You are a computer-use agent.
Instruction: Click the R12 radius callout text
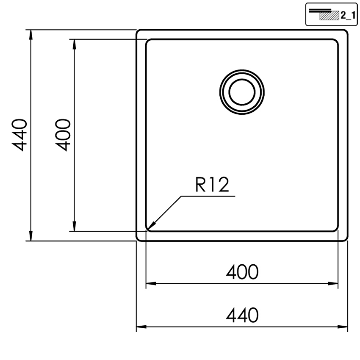tap(212, 185)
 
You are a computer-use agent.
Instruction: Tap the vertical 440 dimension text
tap(19, 135)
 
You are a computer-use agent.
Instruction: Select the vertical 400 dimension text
tap(62, 135)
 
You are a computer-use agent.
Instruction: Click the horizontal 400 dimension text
tap(242, 272)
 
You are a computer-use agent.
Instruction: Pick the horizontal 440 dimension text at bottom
tap(242, 315)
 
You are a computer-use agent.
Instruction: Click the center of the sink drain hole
tap(242, 92)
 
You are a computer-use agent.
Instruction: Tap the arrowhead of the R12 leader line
tap(152, 226)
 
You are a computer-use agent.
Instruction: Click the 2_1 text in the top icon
tap(348, 15)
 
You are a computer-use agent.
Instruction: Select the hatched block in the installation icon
tap(329, 15)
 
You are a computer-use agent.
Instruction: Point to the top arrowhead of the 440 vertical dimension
tap(31, 35)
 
